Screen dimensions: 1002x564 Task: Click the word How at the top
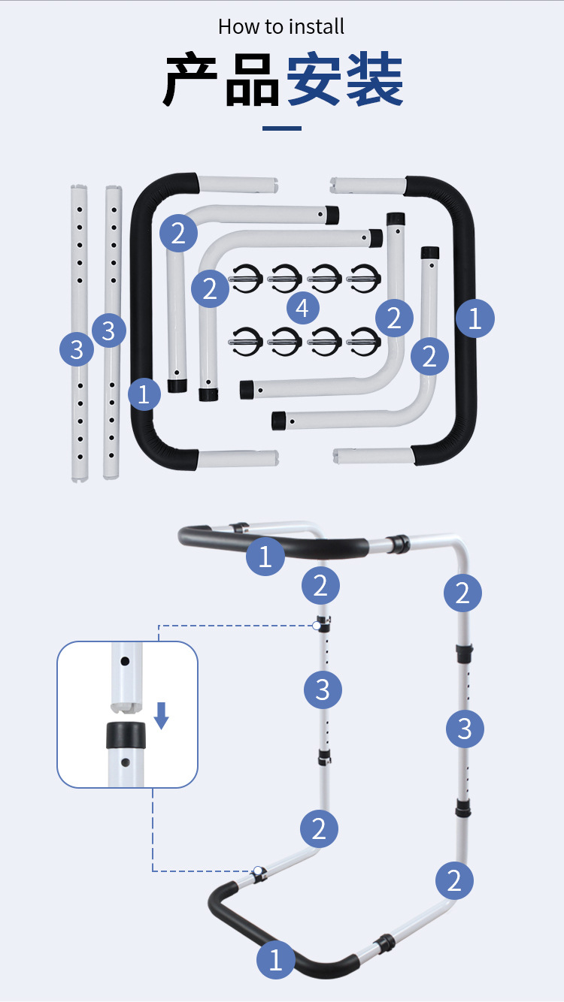click(x=238, y=27)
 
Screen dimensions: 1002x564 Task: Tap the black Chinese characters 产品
click(x=222, y=80)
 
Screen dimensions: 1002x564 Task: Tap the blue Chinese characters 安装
click(x=345, y=80)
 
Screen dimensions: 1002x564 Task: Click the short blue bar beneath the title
click(x=282, y=128)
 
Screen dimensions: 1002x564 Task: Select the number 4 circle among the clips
click(x=302, y=307)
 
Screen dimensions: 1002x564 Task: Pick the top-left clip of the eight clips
click(x=247, y=279)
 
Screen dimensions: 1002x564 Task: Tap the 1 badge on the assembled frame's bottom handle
click(x=275, y=960)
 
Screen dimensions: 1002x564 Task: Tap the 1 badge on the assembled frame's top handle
click(x=265, y=557)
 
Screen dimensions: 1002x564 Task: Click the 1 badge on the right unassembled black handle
click(x=475, y=319)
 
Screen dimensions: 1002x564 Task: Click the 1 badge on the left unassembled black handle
click(x=144, y=394)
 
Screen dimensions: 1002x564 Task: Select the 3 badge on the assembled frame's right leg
click(x=465, y=729)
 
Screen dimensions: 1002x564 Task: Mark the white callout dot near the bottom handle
click(x=258, y=871)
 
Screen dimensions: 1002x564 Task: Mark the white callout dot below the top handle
click(x=317, y=625)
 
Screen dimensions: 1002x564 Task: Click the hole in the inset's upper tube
click(x=126, y=662)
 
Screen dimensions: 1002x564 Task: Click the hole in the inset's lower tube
click(x=126, y=762)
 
